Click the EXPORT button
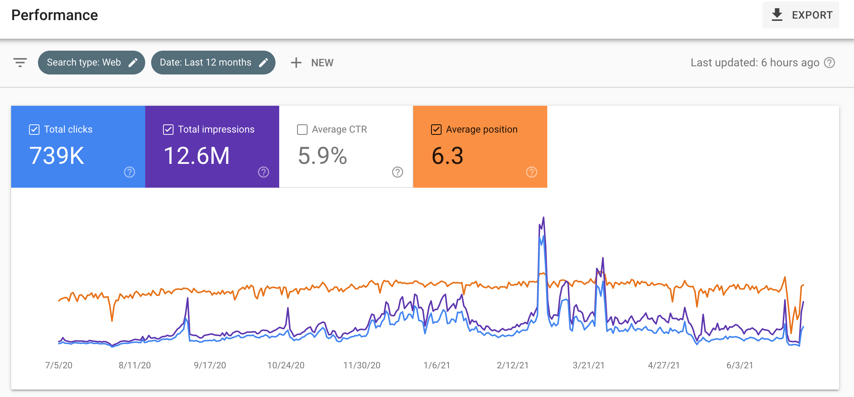pyautogui.click(x=800, y=15)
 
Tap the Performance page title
pyautogui.click(x=55, y=15)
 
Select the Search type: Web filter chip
pyautogui.click(x=92, y=63)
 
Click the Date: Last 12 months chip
pyautogui.click(x=213, y=63)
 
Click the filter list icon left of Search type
pyautogui.click(x=20, y=63)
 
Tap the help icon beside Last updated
pyautogui.click(x=829, y=63)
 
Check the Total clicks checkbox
pyautogui.click(x=34, y=130)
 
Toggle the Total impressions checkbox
pyautogui.click(x=168, y=130)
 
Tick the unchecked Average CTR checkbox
pyautogui.click(x=302, y=130)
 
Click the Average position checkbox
pyautogui.click(x=436, y=130)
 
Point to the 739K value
pyautogui.click(x=57, y=156)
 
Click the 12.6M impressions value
pyautogui.click(x=197, y=156)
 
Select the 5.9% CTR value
pyautogui.click(x=322, y=156)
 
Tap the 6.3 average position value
pyautogui.click(x=447, y=156)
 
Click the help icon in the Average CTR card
pyautogui.click(x=398, y=172)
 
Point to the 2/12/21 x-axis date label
pyautogui.click(x=513, y=365)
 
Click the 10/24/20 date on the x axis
pyautogui.click(x=286, y=365)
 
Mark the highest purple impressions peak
pyautogui.click(x=544, y=217)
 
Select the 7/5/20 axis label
pyautogui.click(x=59, y=365)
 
